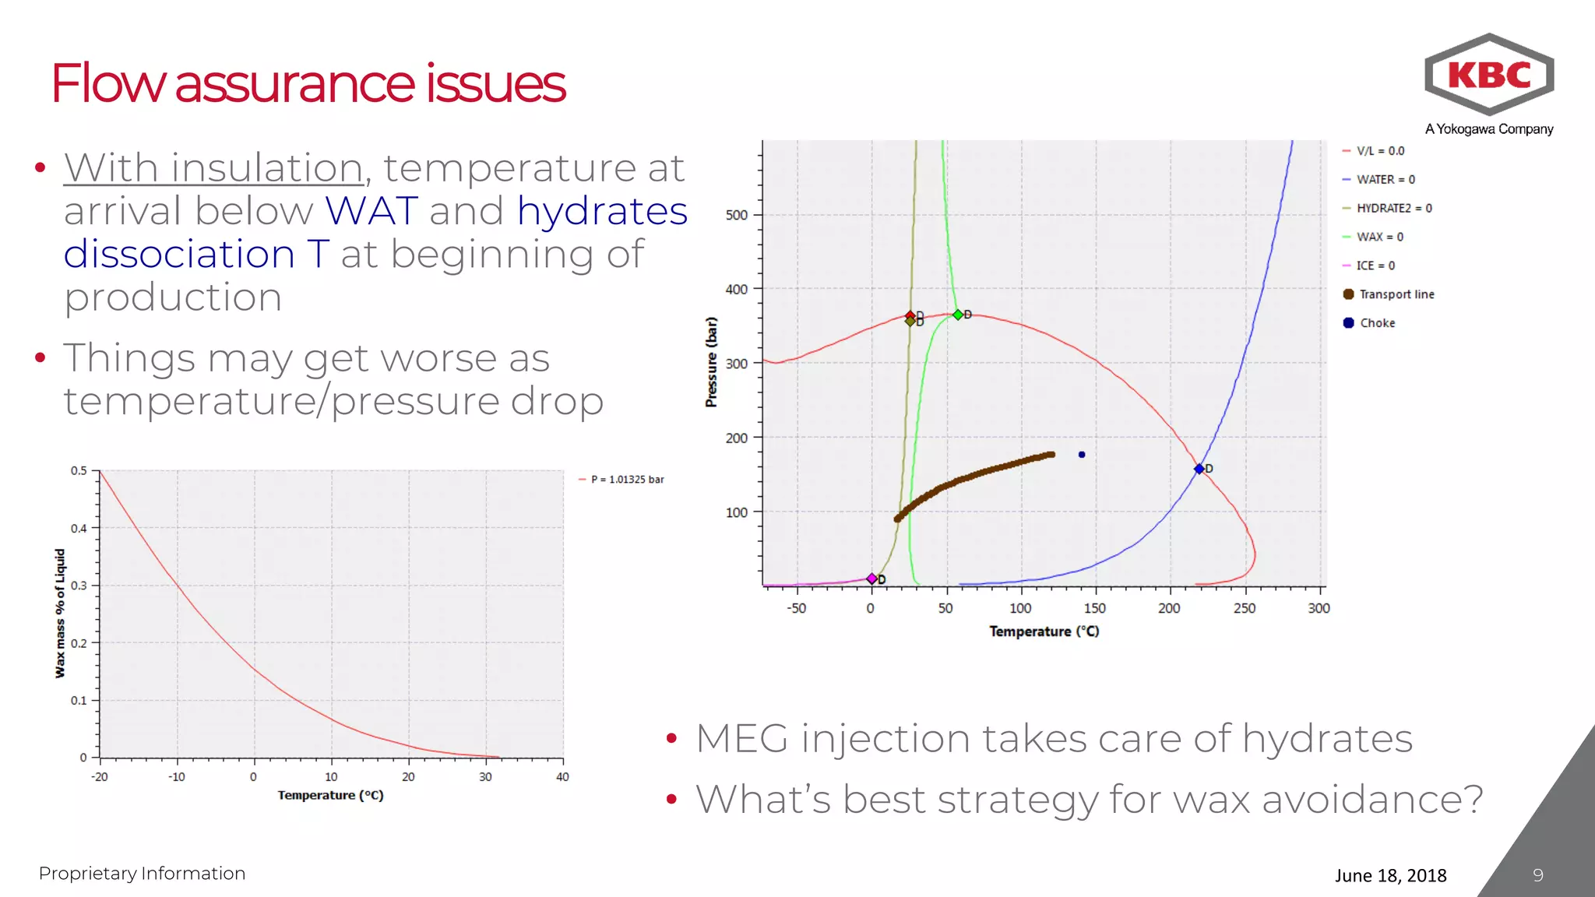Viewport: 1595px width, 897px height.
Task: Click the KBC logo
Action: [1488, 76]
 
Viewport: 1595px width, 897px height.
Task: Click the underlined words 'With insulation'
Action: [213, 168]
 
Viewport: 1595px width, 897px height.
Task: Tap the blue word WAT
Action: [371, 211]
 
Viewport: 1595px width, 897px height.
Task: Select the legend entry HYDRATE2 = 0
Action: [1393, 208]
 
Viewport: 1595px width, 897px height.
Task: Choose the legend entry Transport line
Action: [1396, 294]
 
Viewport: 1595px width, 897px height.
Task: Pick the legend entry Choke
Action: [1376, 323]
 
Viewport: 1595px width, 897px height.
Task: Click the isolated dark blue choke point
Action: [1082, 455]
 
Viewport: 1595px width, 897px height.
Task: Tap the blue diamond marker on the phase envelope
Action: [1199, 469]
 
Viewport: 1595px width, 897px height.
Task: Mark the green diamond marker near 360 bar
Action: [958, 315]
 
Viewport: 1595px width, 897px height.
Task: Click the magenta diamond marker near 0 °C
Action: [871, 579]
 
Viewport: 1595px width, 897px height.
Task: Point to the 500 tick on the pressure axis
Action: [736, 215]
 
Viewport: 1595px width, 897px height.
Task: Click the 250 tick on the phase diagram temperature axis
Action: [1245, 608]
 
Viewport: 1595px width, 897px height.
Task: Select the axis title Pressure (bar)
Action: [711, 362]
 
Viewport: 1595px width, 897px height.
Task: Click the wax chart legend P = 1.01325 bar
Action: [627, 480]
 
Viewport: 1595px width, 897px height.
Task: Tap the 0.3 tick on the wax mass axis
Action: [79, 586]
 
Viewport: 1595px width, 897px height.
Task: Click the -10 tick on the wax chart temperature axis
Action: [177, 777]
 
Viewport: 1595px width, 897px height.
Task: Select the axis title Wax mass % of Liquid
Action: [60, 614]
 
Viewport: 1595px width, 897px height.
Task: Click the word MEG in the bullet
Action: [741, 739]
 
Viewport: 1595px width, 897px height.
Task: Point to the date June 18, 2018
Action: [1390, 875]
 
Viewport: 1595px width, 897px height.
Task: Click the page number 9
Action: [1537, 875]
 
